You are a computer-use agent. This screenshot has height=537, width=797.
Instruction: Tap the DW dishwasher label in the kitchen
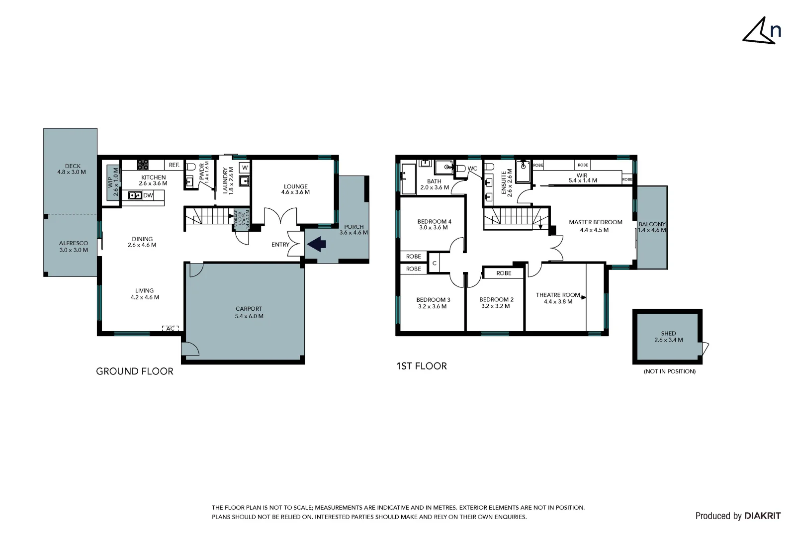(148, 195)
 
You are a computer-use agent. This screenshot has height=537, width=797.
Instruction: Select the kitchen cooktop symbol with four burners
(143, 165)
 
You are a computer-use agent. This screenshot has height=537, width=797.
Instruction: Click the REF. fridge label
(174, 165)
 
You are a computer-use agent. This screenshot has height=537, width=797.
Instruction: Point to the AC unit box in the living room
(170, 329)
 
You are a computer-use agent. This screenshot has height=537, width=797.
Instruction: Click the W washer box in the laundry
(245, 168)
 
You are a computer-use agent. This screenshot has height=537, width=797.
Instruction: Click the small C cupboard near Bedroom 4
(434, 263)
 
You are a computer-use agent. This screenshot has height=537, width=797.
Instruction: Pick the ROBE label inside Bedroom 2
(504, 273)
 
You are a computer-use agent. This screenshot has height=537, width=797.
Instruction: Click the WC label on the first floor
(472, 169)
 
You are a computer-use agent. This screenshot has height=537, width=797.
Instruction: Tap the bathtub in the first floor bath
(408, 179)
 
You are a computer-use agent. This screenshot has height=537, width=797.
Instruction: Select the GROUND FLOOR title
(134, 371)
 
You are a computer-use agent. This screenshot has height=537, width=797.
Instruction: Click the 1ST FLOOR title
(422, 366)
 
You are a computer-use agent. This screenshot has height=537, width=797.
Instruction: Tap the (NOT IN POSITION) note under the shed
(669, 371)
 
